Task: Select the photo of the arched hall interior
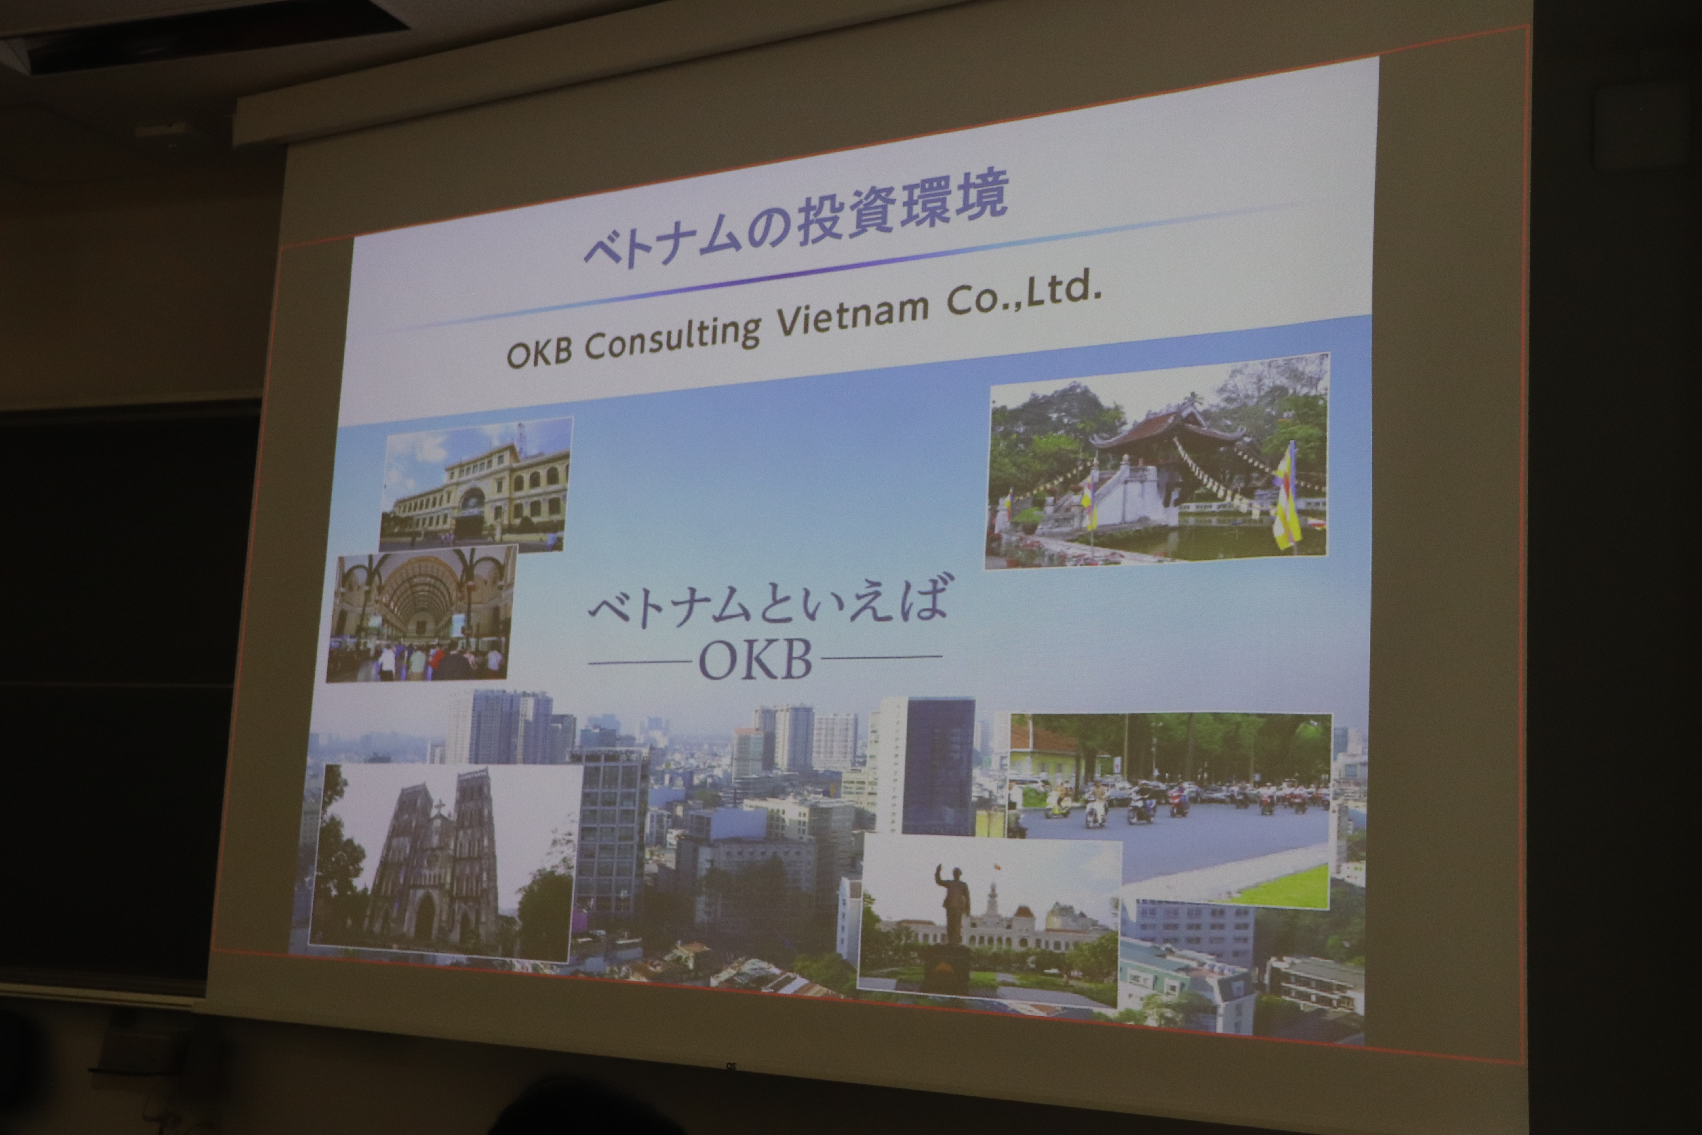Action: [x=422, y=612]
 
